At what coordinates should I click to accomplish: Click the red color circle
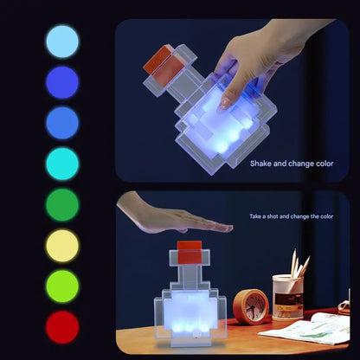(x=61, y=327)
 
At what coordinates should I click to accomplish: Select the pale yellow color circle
(x=61, y=246)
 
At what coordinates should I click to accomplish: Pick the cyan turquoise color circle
(x=61, y=164)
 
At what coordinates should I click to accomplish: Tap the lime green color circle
(x=61, y=286)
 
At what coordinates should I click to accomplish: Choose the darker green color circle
(x=61, y=205)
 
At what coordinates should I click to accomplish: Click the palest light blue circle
(x=61, y=41)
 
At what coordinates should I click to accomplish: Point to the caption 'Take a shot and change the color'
(x=290, y=215)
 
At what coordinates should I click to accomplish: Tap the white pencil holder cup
(x=287, y=297)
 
